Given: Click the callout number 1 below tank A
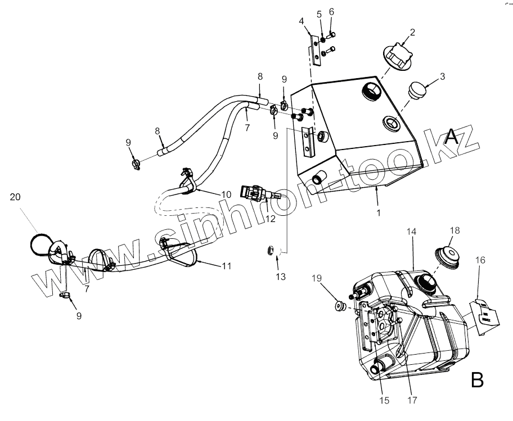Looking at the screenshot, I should [379, 213].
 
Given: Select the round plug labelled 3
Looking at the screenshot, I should [416, 90].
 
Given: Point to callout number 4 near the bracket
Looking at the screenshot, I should [301, 21].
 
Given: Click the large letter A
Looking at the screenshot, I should [452, 137].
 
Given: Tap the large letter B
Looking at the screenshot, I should [477, 381].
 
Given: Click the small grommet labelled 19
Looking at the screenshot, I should [339, 306].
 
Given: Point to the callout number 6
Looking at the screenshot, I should [331, 11].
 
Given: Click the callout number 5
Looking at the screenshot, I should [319, 13].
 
